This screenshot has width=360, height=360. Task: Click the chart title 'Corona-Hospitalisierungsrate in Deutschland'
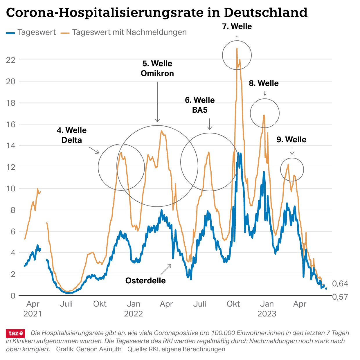[157, 13]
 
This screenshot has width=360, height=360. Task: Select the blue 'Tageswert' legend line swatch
[10, 33]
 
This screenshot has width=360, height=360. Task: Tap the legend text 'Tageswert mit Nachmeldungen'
[129, 32]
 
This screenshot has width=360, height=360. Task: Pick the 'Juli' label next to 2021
[66, 304]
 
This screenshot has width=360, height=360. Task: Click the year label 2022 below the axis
[133, 314]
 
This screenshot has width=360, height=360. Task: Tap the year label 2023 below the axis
[267, 314]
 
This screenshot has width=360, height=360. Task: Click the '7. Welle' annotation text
[237, 26]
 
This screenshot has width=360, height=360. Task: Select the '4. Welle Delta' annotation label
[72, 135]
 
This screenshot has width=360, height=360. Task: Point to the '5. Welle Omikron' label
[157, 69]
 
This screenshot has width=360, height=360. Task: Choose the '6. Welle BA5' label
[200, 105]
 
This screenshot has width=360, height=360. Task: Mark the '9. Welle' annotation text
[291, 140]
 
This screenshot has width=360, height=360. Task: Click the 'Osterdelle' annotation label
[145, 281]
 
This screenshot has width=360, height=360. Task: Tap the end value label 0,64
[340, 284]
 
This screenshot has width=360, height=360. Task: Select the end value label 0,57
[340, 297]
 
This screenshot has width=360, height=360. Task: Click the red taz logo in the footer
[15, 333]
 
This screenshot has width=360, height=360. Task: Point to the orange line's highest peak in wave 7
[237, 48]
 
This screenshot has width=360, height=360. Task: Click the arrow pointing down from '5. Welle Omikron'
[157, 102]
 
